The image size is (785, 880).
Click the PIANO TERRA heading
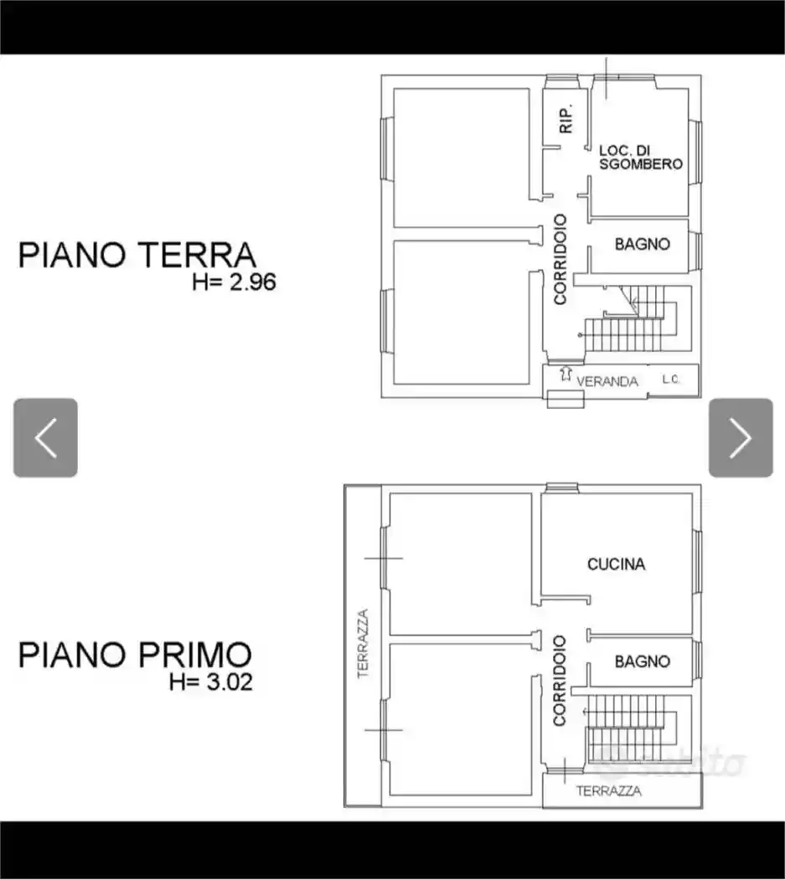(x=137, y=255)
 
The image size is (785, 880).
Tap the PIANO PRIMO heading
(x=135, y=654)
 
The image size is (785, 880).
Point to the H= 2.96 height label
(x=234, y=282)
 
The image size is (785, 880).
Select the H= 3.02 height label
(x=210, y=681)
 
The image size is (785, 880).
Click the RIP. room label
(x=566, y=121)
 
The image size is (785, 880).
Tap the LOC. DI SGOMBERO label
(x=641, y=157)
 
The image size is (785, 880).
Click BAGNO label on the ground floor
(x=642, y=245)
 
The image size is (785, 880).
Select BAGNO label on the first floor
(x=642, y=661)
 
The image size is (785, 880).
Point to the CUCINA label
(x=616, y=564)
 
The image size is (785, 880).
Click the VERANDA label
(x=607, y=381)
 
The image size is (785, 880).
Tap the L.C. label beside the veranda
(x=670, y=380)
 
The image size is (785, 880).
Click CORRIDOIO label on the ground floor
(x=560, y=259)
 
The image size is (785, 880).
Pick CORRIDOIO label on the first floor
(x=560, y=680)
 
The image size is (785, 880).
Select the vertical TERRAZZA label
(x=363, y=643)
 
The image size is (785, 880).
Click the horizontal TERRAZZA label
(x=609, y=790)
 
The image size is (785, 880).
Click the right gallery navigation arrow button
(x=741, y=437)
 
